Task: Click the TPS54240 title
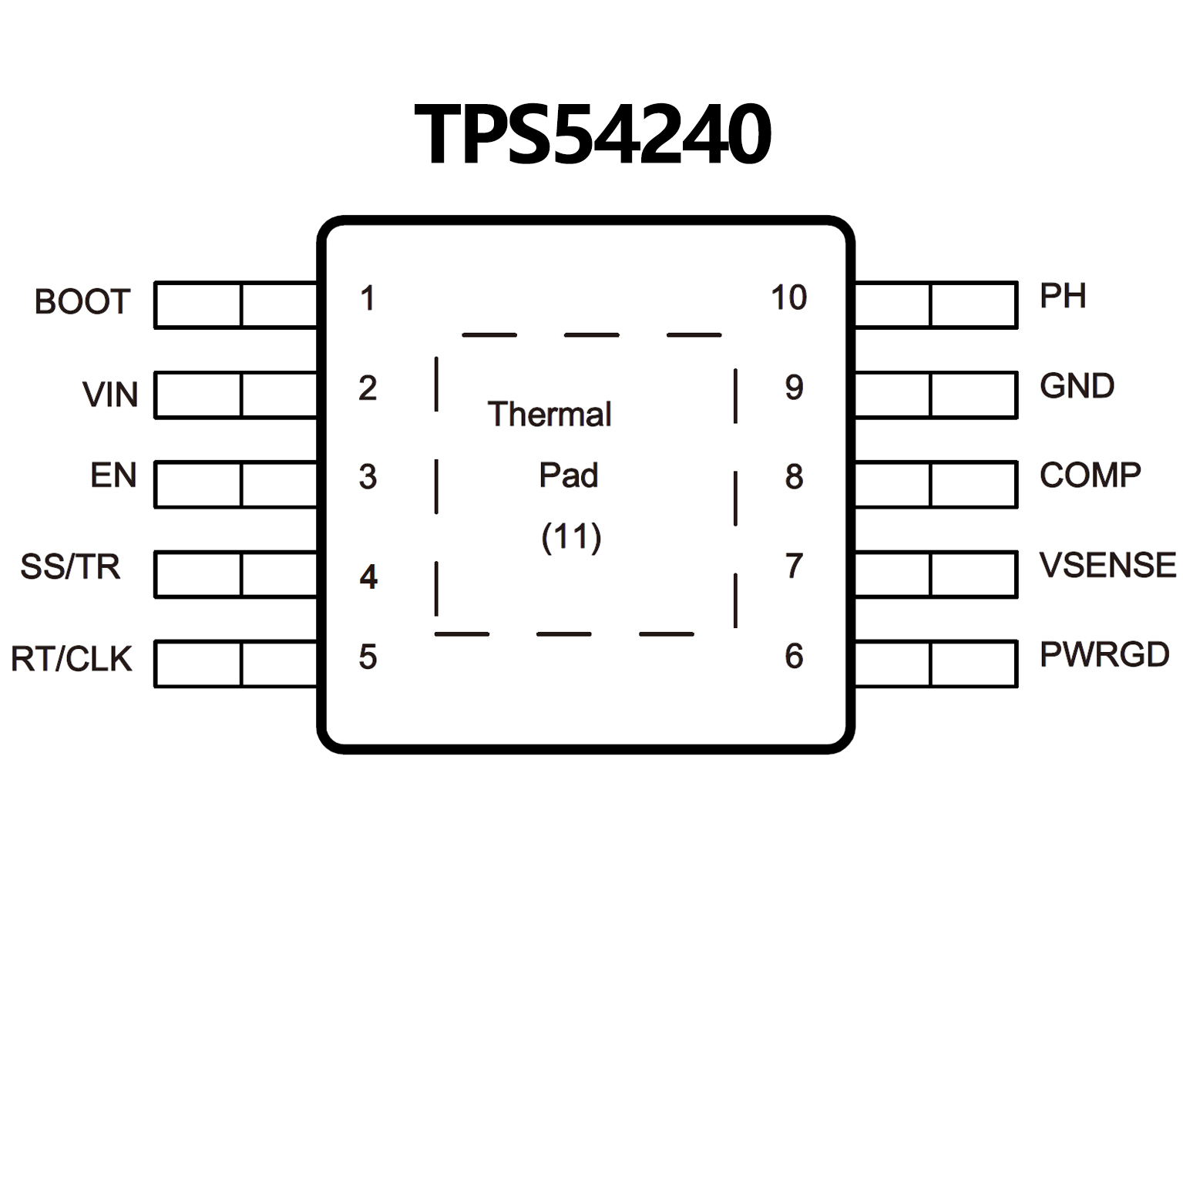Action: click(592, 136)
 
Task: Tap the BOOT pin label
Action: click(82, 302)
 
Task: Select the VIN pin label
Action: click(110, 395)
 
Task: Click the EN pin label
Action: click(113, 476)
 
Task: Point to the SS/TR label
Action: click(70, 567)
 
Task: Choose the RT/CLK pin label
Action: click(72, 660)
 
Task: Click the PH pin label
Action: click(1063, 296)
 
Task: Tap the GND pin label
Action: click(1077, 386)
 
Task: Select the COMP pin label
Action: click(1090, 476)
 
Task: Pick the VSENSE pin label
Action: click(1107, 566)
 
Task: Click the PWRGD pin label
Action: click(1104, 655)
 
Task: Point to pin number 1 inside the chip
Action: click(368, 298)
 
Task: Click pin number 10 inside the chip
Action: click(788, 297)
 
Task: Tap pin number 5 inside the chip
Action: click(368, 657)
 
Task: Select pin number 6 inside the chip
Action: click(794, 657)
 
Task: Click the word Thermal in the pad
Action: click(549, 415)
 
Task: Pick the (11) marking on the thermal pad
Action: click(571, 537)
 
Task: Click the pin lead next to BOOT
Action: click(236, 305)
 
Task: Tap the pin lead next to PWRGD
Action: click(936, 664)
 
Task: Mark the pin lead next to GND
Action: click(936, 395)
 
